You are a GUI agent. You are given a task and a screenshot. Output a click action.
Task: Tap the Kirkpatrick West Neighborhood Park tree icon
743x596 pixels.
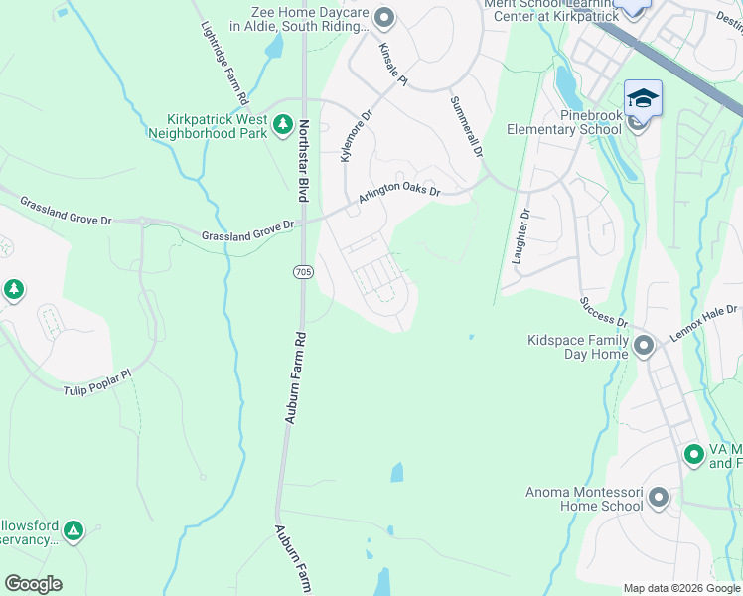point(282,125)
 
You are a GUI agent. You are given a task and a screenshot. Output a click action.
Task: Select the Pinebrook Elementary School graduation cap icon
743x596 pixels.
point(642,100)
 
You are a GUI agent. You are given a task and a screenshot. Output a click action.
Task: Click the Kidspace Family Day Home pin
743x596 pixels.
point(644,346)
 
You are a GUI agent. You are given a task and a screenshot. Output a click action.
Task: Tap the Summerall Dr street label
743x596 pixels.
point(466,126)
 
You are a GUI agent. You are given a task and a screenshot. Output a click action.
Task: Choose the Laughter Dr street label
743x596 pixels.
point(520,236)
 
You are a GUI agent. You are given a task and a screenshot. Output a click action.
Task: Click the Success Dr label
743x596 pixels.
point(604,310)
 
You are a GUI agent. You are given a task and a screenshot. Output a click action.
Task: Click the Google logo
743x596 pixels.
point(33,584)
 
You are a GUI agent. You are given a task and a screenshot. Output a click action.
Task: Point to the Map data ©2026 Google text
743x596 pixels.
point(681,588)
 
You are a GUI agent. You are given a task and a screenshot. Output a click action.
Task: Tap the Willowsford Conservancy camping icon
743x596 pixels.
point(74,531)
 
